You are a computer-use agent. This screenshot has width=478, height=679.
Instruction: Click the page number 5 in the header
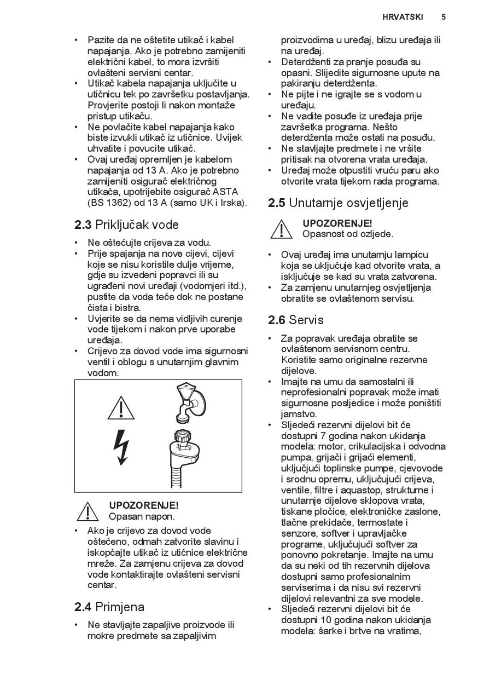tap(444, 17)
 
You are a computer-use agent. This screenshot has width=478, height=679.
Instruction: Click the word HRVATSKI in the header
tap(403, 17)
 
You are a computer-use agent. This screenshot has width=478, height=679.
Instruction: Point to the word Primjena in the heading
tap(120, 607)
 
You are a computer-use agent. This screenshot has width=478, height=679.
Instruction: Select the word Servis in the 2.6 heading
tap(306, 320)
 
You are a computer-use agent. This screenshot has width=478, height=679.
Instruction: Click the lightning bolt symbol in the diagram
tap(121, 447)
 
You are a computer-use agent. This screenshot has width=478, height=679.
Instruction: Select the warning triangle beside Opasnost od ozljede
tap(281, 229)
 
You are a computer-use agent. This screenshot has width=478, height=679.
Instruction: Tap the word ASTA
tap(226, 192)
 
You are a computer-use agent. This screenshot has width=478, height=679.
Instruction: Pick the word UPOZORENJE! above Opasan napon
tap(144, 505)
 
